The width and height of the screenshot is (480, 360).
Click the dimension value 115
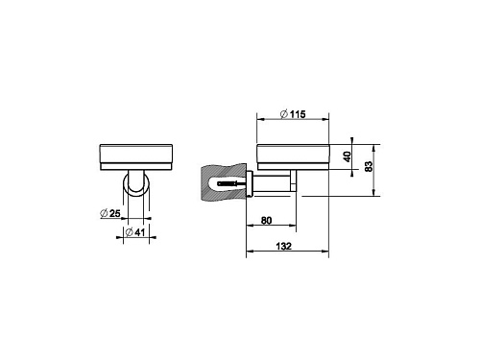pyautogui.click(x=298, y=114)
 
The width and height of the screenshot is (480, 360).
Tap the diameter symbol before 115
pyautogui.click(x=284, y=114)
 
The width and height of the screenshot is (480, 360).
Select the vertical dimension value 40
pyautogui.click(x=347, y=156)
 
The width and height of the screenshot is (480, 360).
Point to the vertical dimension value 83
pyautogui.click(x=369, y=166)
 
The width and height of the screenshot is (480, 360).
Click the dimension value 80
pyautogui.click(x=266, y=221)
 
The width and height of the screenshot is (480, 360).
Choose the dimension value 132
pyautogui.click(x=284, y=246)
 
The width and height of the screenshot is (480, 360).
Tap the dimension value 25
pyautogui.click(x=114, y=213)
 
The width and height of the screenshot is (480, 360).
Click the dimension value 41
pyautogui.click(x=139, y=232)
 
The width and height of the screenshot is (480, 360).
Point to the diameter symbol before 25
pyautogui.click(x=104, y=213)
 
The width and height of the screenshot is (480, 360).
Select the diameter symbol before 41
pyautogui.click(x=129, y=232)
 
